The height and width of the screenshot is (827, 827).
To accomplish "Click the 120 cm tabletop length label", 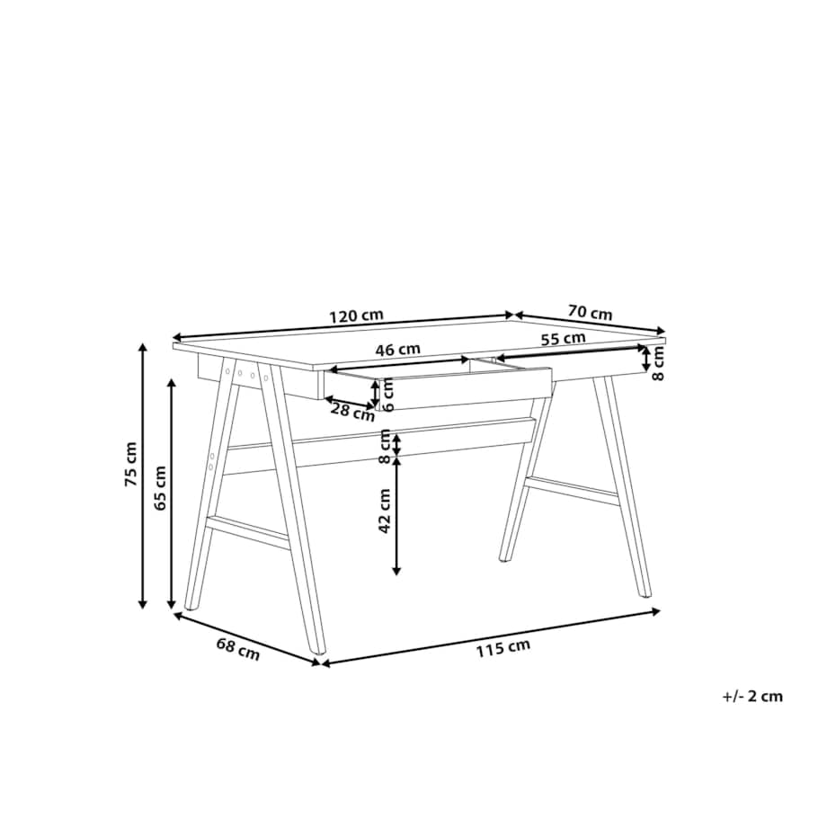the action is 356,316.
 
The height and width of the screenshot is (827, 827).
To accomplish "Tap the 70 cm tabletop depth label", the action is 591,312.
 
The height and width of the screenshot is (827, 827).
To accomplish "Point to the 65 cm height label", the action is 160,488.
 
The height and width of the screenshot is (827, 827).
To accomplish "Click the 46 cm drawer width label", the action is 397,349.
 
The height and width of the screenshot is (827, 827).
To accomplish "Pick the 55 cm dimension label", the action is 564,338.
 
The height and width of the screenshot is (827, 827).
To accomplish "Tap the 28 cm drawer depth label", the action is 352,411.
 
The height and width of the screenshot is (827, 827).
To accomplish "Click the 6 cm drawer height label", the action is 388,395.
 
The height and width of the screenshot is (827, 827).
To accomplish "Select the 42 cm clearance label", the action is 385,511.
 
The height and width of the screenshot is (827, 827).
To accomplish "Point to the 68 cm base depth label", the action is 238,649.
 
